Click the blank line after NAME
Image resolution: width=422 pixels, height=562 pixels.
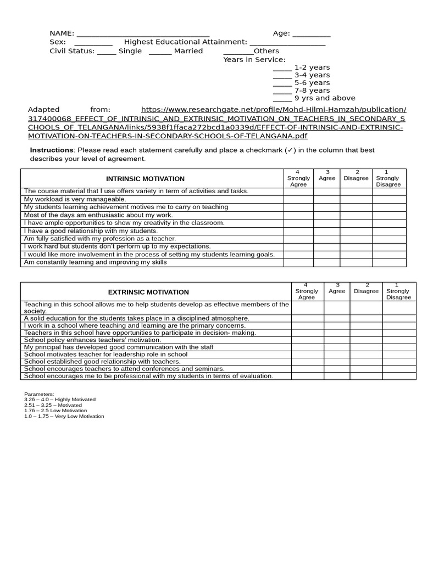tap(143, 34)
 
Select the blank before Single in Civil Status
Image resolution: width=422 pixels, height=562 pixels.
tap(107, 52)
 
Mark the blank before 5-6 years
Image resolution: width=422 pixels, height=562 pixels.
tap(282, 83)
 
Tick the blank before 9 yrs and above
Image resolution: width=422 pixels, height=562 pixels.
tap(282, 99)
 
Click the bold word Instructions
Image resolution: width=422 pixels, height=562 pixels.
tap(51, 150)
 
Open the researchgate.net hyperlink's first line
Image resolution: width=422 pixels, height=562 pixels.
tap(274, 110)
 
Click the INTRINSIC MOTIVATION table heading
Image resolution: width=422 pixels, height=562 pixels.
tap(145, 179)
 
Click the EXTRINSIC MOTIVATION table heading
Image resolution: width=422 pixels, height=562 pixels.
tap(148, 293)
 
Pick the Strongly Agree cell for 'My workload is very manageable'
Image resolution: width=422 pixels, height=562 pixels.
tap(298, 199)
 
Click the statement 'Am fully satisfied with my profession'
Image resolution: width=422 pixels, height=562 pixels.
tap(100, 239)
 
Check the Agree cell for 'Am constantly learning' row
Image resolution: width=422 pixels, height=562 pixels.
tap(326, 263)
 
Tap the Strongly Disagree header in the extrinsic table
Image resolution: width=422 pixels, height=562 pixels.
tap(398, 291)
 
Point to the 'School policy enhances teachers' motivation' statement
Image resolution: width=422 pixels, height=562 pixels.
tap(93, 340)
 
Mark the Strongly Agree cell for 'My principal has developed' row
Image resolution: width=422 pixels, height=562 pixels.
tap(307, 347)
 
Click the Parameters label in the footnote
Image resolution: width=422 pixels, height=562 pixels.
tap(39, 394)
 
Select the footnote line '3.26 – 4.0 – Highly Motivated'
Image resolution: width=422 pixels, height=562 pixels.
tap(60, 400)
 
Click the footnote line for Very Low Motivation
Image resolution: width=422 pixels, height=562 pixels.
tap(64, 417)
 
